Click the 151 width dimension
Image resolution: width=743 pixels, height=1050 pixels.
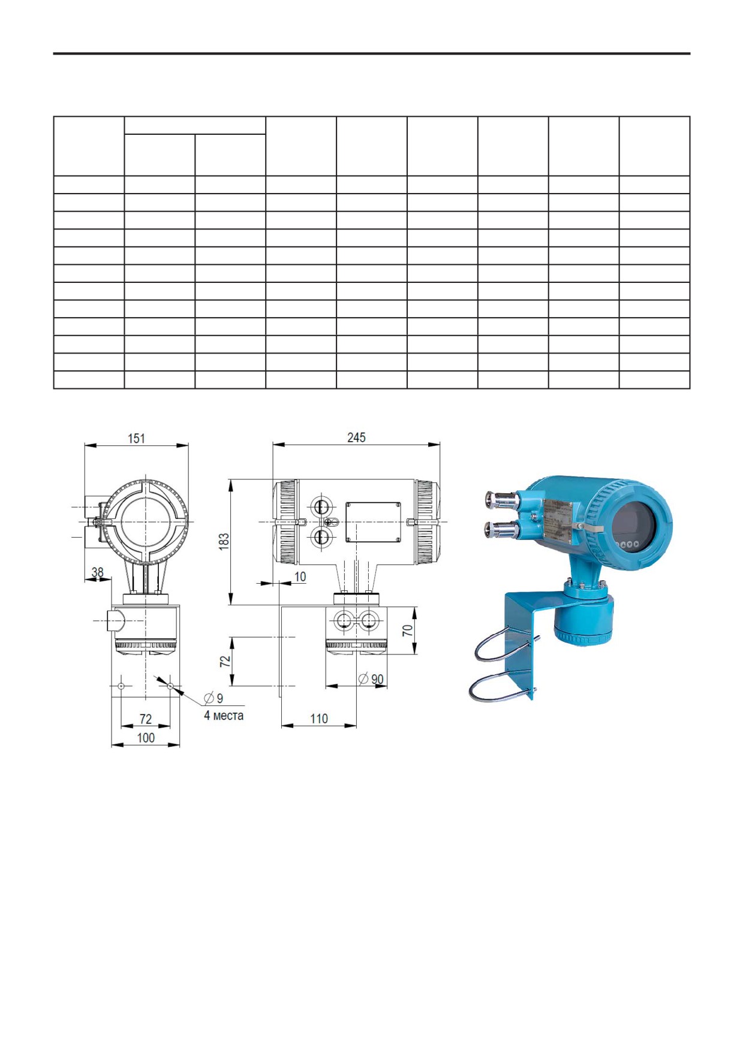click(x=136, y=438)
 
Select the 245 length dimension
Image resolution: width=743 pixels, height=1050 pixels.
click(x=356, y=437)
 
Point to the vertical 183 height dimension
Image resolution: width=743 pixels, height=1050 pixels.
click(x=224, y=542)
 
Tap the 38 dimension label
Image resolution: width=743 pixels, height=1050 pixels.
click(x=97, y=572)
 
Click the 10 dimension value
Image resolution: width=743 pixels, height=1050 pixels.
click(x=300, y=577)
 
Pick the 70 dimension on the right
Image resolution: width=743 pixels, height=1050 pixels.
click(x=408, y=630)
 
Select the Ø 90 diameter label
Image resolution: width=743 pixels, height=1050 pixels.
click(x=371, y=679)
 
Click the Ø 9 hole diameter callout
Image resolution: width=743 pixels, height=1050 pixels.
click(x=213, y=698)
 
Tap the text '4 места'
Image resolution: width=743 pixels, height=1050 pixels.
click(x=224, y=715)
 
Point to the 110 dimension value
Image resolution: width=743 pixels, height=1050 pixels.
click(x=319, y=719)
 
